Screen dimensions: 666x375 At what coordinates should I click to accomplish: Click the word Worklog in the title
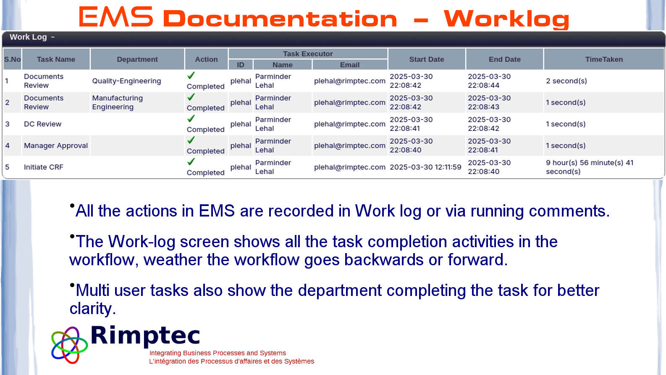[x=506, y=19]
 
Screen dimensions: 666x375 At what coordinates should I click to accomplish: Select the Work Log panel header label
[x=28, y=37]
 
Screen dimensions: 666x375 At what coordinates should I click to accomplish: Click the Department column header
[x=137, y=59]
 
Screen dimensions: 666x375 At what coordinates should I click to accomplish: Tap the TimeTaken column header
[x=604, y=59]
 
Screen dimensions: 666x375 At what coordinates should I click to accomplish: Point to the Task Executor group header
[x=308, y=54]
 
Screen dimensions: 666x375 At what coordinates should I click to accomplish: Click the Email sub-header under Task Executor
[x=350, y=65]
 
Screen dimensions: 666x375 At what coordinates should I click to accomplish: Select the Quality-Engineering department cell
[x=126, y=81]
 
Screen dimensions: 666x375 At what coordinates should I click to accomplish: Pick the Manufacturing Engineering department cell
[x=118, y=103]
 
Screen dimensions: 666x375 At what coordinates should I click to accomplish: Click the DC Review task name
[x=42, y=124]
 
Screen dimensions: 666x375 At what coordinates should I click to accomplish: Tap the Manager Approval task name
[x=56, y=145]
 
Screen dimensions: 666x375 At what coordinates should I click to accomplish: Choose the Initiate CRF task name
[x=43, y=167]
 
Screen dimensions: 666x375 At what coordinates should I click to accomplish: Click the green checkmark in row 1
[x=191, y=76]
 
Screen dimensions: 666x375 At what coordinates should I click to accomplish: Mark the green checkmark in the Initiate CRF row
[x=191, y=162]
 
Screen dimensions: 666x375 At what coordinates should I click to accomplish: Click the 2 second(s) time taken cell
[x=566, y=81]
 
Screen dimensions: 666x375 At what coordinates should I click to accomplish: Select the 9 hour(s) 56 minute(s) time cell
[x=590, y=167]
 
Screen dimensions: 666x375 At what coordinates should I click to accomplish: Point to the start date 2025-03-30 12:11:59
[x=425, y=167]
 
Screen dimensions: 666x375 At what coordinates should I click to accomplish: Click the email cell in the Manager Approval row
[x=350, y=145]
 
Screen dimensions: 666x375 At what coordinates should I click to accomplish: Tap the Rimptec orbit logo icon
[x=69, y=345]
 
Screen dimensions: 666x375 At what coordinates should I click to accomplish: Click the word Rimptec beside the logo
[x=145, y=336]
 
